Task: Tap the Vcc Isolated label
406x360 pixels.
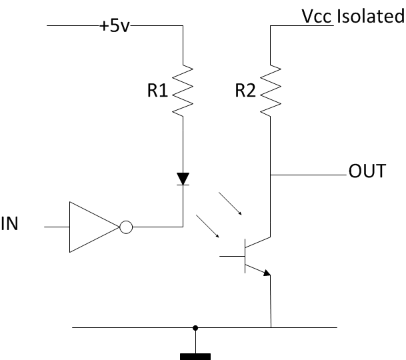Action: [353, 16]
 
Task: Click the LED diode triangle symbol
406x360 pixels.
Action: [183, 179]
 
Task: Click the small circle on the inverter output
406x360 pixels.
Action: [125, 227]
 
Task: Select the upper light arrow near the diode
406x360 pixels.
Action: [233, 205]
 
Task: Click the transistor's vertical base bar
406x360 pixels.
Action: [244, 255]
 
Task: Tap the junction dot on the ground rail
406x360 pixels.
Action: [195, 327]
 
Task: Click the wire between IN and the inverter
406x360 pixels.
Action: [57, 227]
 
